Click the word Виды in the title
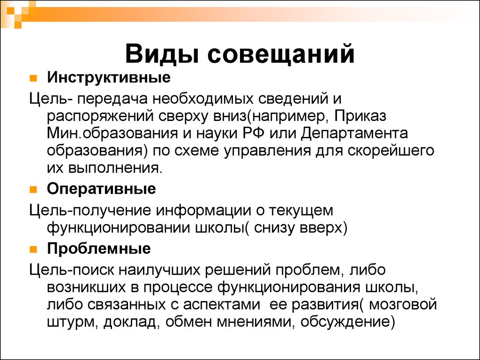[x=162, y=54]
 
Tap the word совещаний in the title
[x=281, y=54]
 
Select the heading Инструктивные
[x=109, y=77]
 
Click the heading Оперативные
[x=101, y=189]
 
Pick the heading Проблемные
[x=99, y=248]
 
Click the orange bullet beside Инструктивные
[x=33, y=78]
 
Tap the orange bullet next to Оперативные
[x=33, y=190]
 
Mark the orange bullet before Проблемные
[x=33, y=249]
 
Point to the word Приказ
[x=360, y=117]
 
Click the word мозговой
[x=403, y=305]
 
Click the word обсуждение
[x=348, y=322]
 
